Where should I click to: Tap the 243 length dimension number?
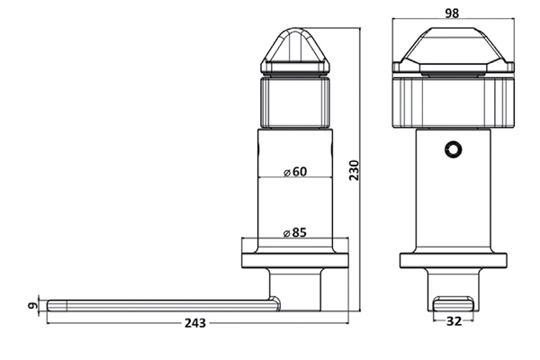click(x=195, y=322)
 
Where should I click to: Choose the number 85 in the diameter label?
click(x=300, y=232)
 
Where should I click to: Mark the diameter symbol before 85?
click(x=286, y=232)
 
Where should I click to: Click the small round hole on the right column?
click(x=453, y=148)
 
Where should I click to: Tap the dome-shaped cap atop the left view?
click(x=296, y=52)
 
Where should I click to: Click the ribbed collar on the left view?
click(x=296, y=102)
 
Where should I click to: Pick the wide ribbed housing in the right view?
click(x=452, y=100)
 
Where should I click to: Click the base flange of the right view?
click(x=452, y=262)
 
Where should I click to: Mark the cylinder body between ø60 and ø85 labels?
click(x=296, y=202)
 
